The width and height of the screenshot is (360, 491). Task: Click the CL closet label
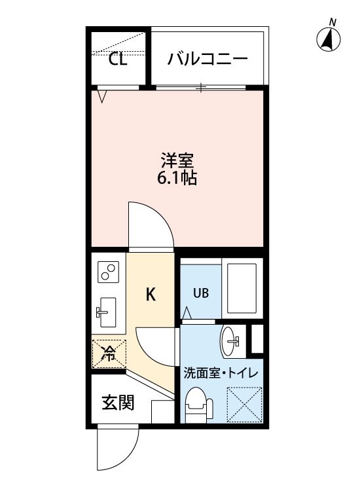coord(118,59)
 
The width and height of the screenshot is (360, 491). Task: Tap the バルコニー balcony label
coord(207,59)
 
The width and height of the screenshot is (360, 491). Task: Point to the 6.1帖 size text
coord(177,178)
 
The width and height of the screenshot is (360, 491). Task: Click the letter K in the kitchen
coord(151,295)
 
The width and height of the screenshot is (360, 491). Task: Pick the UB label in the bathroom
coord(201,293)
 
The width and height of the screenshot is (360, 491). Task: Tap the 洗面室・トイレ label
coord(221,373)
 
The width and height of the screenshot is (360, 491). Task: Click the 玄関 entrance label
coord(118,403)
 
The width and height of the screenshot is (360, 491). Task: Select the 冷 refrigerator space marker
coord(109,354)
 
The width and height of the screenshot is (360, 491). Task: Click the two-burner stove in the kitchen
coord(108,272)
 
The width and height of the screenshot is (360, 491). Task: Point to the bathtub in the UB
coord(242,288)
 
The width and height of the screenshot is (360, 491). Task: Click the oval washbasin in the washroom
coord(230,341)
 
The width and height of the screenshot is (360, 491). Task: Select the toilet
coord(198,405)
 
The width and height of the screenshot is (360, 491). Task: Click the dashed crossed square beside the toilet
coord(244,405)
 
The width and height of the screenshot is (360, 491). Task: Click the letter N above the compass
coord(333,22)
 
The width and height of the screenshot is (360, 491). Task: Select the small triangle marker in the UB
coord(187,312)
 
